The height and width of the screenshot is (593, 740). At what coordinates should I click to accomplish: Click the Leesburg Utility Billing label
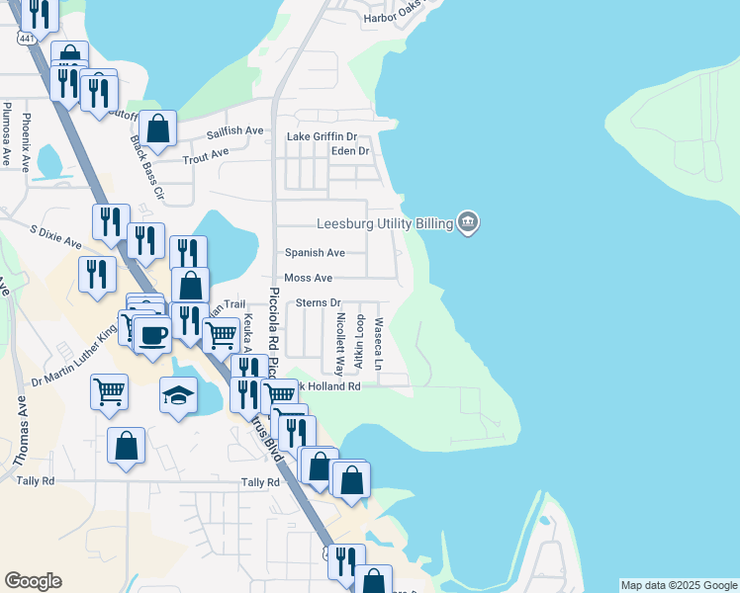[x=384, y=224]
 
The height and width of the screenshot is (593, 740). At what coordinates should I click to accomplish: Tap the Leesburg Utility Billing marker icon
[x=468, y=223]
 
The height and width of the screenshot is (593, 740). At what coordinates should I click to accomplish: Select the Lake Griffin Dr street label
[x=322, y=136]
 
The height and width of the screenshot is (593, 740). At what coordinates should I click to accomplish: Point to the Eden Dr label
[x=349, y=151]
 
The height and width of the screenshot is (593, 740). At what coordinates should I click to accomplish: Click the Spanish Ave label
[x=315, y=253]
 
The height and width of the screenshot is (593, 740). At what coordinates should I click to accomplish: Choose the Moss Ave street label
[x=308, y=279]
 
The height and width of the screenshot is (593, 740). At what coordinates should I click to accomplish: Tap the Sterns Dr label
[x=318, y=302]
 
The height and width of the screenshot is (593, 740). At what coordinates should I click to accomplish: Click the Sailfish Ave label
[x=234, y=130]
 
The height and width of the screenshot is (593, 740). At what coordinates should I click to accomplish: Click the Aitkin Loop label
[x=359, y=342]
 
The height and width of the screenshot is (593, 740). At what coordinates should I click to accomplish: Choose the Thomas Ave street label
[x=21, y=432]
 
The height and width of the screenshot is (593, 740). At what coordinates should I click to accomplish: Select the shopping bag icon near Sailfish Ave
[x=157, y=127]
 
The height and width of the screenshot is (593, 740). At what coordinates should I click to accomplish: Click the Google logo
[x=33, y=581]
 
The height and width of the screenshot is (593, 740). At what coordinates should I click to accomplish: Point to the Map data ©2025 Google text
[x=678, y=585]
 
